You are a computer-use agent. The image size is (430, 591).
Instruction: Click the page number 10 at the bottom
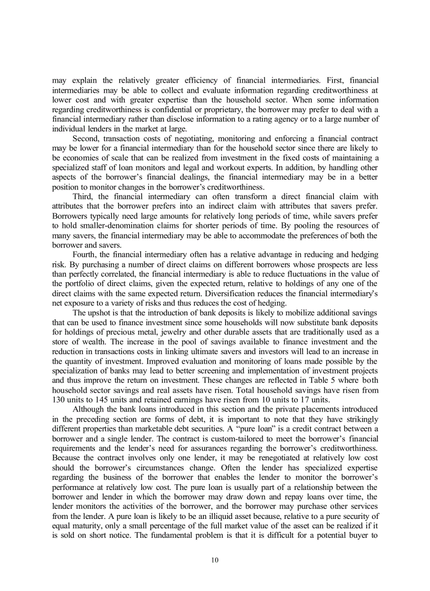(214, 560)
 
